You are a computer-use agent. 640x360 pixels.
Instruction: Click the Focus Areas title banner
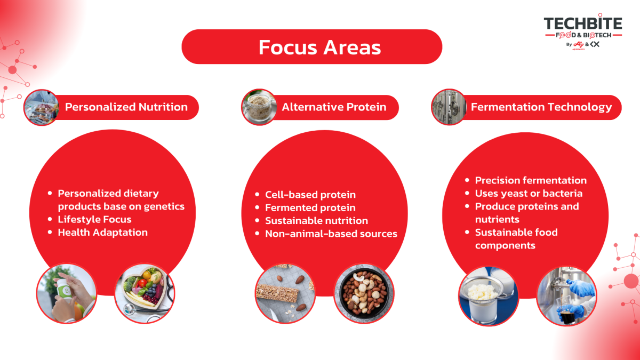(311, 46)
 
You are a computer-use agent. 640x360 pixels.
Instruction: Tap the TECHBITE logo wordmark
(583, 23)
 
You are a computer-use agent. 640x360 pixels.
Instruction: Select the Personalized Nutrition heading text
(126, 107)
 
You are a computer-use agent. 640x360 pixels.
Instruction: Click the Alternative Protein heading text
(334, 107)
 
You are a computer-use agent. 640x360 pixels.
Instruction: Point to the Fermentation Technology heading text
(541, 107)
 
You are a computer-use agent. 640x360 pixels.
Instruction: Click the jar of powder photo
(259, 107)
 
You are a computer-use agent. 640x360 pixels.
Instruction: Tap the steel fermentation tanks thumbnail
(449, 107)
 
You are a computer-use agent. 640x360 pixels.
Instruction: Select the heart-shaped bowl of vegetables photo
(145, 293)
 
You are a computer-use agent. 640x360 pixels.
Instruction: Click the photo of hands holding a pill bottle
(67, 293)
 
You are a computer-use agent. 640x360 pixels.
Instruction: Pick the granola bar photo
(285, 293)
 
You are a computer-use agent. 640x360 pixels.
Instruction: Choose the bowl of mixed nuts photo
(364, 293)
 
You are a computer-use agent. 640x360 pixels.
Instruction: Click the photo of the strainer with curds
(489, 295)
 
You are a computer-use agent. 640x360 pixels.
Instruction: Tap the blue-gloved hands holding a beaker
(566, 295)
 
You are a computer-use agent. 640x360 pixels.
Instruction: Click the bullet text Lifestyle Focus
(94, 219)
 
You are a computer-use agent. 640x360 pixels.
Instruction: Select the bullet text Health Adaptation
(102, 233)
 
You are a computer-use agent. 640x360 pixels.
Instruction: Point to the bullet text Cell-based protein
(310, 195)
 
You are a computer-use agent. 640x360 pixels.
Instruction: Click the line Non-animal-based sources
(331, 234)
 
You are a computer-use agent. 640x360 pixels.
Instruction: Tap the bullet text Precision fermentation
(531, 180)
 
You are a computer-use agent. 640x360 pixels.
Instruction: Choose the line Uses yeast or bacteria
(529, 194)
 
